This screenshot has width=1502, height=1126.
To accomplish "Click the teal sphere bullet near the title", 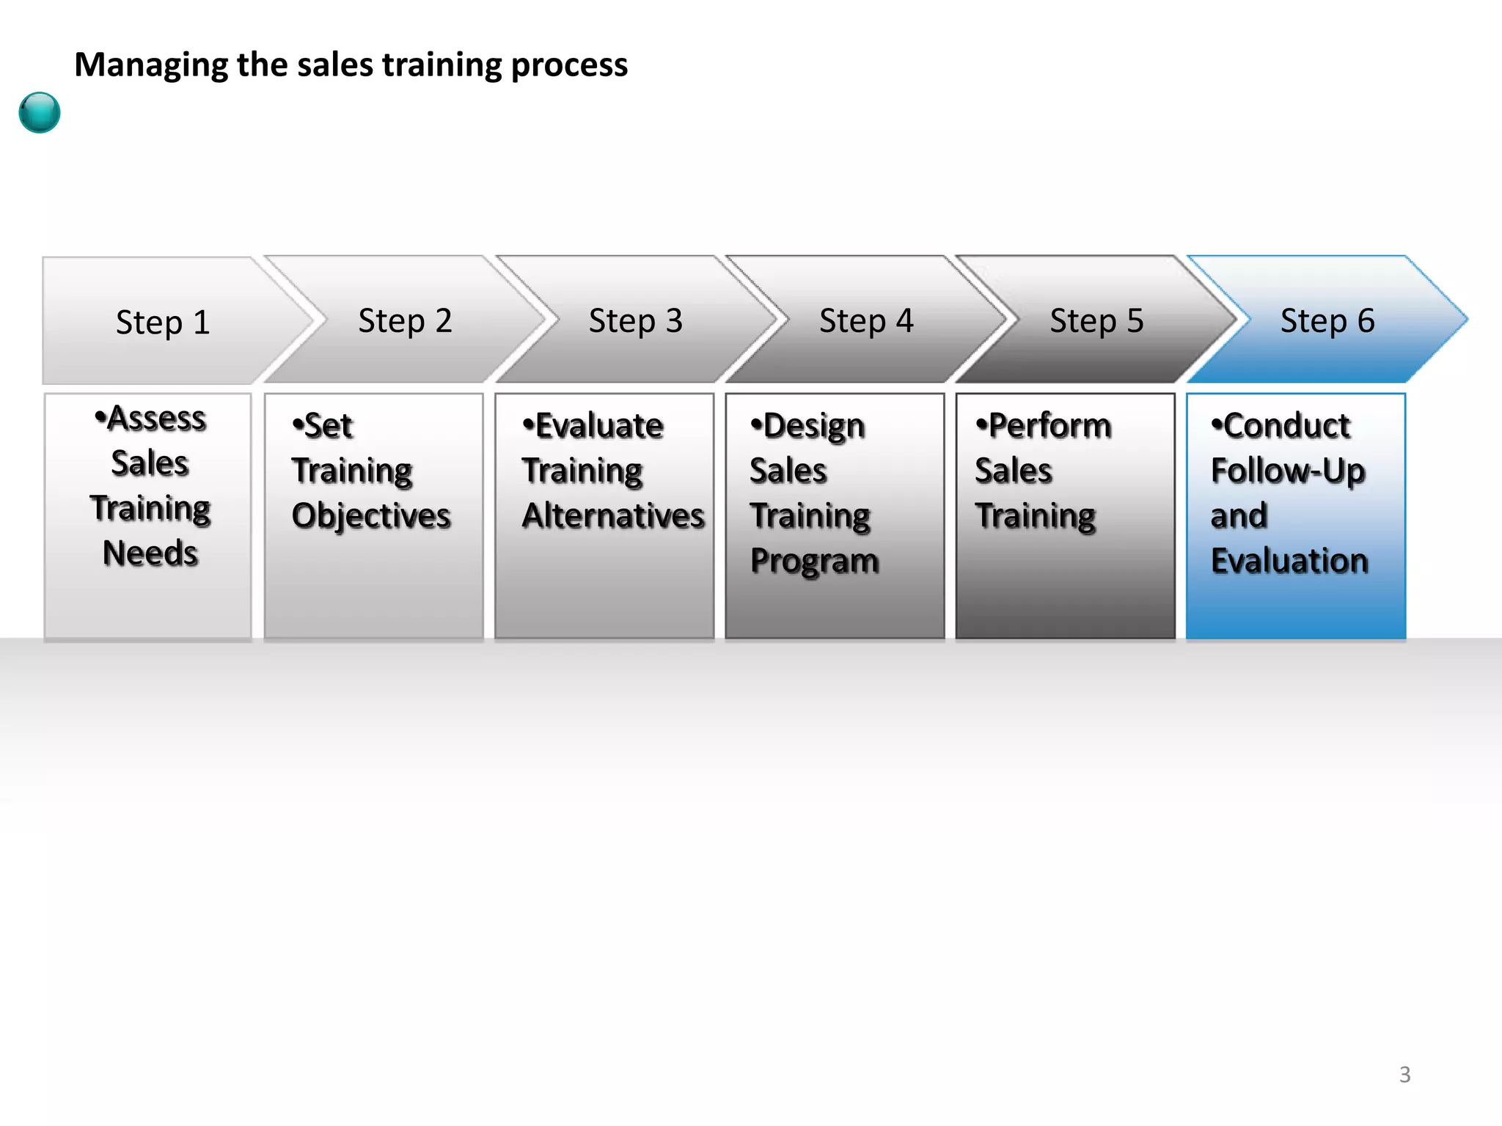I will [40, 112].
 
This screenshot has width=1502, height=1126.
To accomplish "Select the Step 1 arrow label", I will [163, 323].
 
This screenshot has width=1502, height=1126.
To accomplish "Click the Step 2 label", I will [405, 321].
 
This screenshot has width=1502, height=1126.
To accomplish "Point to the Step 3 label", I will [635, 321].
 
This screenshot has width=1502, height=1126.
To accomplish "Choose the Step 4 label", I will [866, 321].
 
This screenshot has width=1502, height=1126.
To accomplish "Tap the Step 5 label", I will [1096, 321].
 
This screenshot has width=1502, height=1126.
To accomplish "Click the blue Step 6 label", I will [1327, 321].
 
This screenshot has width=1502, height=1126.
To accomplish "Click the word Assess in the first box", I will [156, 419].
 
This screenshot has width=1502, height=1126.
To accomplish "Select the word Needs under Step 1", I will [150, 553].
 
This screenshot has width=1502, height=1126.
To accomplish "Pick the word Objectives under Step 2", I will [371, 515].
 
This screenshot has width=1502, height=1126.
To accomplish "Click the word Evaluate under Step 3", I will [599, 426].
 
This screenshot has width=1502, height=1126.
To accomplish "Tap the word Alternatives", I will [613, 515].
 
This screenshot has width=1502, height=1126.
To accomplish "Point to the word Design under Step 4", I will [813, 427].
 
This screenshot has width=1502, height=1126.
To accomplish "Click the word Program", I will [815, 562].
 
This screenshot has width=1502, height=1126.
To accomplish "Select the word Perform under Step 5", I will [1049, 426].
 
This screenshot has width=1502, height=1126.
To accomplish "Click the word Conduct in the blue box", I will [1286, 426].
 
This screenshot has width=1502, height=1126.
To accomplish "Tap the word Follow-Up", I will [1288, 471].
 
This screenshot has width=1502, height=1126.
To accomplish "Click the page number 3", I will [1404, 1075].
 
